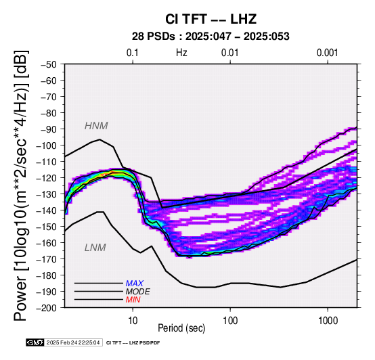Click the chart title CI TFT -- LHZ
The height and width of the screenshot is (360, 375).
click(x=211, y=19)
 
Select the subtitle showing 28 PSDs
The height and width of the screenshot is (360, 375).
click(x=211, y=37)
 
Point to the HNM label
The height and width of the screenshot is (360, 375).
click(x=96, y=126)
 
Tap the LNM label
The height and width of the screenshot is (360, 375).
click(x=95, y=248)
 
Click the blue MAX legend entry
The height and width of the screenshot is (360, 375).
click(x=135, y=284)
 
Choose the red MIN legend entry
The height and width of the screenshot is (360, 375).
click(x=133, y=300)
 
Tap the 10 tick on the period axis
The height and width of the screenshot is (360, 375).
click(x=133, y=321)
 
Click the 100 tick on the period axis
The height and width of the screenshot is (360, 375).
click(x=230, y=321)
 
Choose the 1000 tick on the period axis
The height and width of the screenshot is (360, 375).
click(x=328, y=321)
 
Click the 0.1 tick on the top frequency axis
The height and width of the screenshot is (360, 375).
click(x=133, y=53)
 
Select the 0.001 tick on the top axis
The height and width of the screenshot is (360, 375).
click(x=327, y=53)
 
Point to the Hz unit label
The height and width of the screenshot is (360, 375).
click(x=181, y=53)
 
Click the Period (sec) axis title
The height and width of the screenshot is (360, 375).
click(x=181, y=328)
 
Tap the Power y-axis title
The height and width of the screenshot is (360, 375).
click(x=20, y=185)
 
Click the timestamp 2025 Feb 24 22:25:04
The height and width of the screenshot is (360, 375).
click(x=73, y=343)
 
